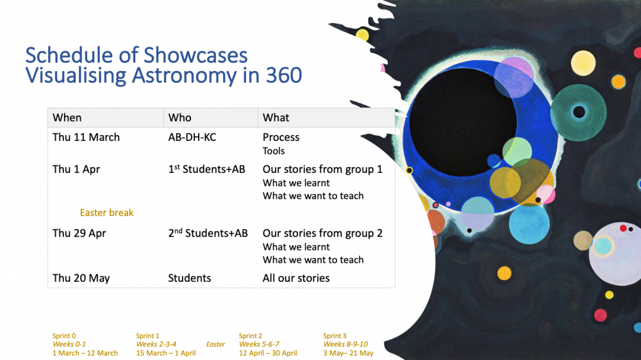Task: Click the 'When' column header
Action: [x=67, y=118]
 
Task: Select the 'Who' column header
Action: [x=180, y=118]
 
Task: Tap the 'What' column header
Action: [x=276, y=118]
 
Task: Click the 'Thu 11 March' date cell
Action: [x=86, y=137]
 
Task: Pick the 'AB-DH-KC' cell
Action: [x=192, y=137]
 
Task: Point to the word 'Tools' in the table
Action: [x=274, y=151]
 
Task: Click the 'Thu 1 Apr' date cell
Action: [x=76, y=169]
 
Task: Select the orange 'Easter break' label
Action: [x=106, y=213]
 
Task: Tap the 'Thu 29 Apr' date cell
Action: [x=79, y=233]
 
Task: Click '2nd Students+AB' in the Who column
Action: [x=208, y=233]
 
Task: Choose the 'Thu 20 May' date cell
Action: [x=81, y=278]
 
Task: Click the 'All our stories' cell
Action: [x=296, y=278]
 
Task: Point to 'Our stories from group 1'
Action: [x=322, y=169]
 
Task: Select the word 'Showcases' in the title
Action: [x=196, y=55]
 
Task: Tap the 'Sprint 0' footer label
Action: [x=64, y=336]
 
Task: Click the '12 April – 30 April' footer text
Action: [x=268, y=353]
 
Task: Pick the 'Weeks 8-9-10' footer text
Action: [x=345, y=345]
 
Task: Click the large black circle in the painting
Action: [x=463, y=122]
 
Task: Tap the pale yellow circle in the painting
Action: [x=583, y=63]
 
